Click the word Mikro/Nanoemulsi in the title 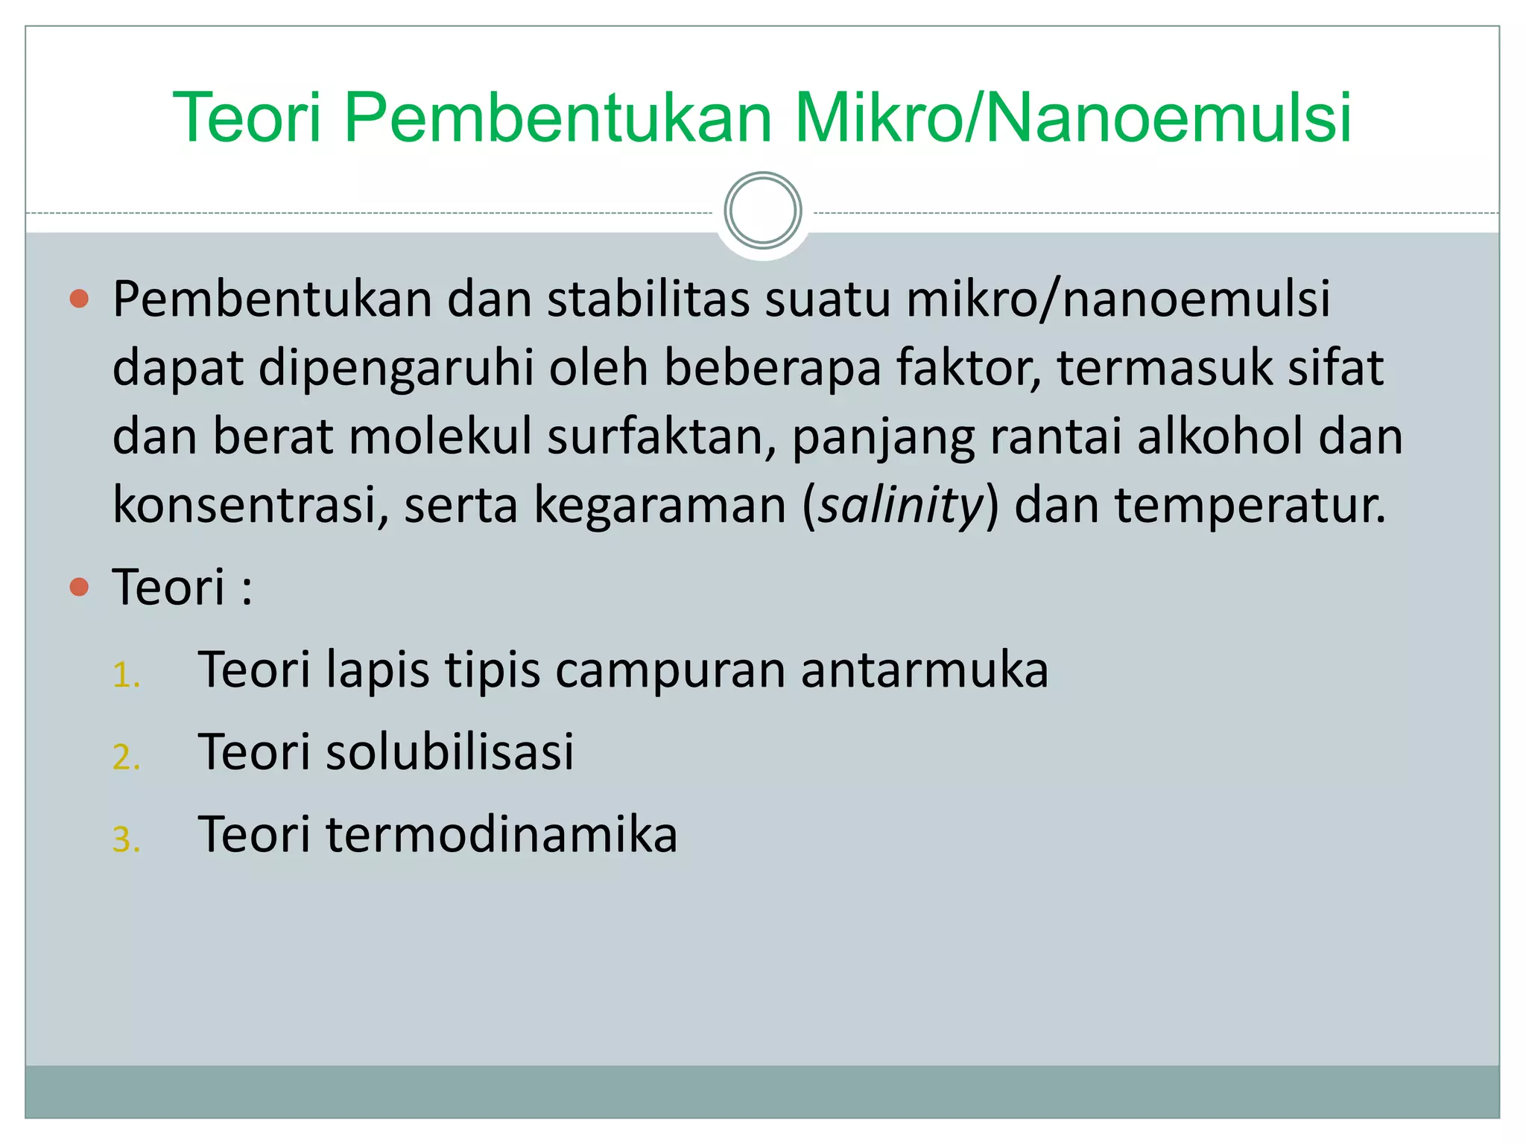pyautogui.click(x=1073, y=118)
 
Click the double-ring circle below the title pyautogui.click(x=762, y=211)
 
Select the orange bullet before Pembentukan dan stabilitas pyautogui.click(x=79, y=299)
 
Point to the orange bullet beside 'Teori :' pyautogui.click(x=79, y=588)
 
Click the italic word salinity pyautogui.click(x=901, y=506)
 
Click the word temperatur pyautogui.click(x=1250, y=506)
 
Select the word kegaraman pyautogui.click(x=660, y=506)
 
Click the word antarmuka pyautogui.click(x=924, y=670)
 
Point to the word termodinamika pyautogui.click(x=501, y=834)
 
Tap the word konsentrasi pyautogui.click(x=250, y=506)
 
